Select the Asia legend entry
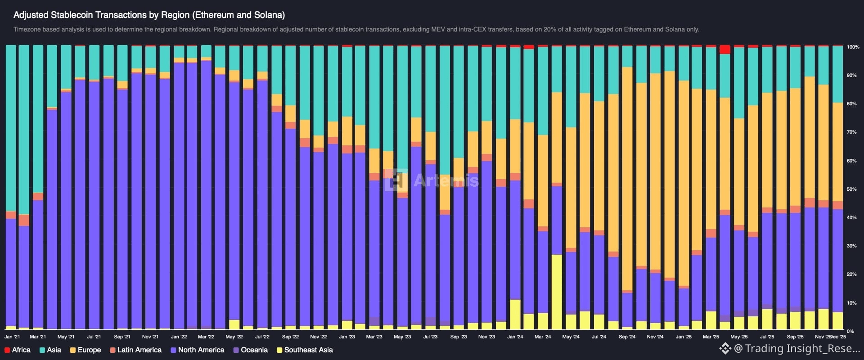pos(50,350)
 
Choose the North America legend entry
pos(197,350)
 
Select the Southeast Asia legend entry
pos(305,350)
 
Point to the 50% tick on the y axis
pos(851,189)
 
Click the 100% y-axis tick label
pos(853,47)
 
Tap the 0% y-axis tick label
pos(850,331)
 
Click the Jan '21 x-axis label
pos(12,337)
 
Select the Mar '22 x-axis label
pos(206,337)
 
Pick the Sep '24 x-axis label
pos(627,337)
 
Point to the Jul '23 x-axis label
pos(430,337)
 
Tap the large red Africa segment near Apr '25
pos(725,49)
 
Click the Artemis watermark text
pos(445,180)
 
